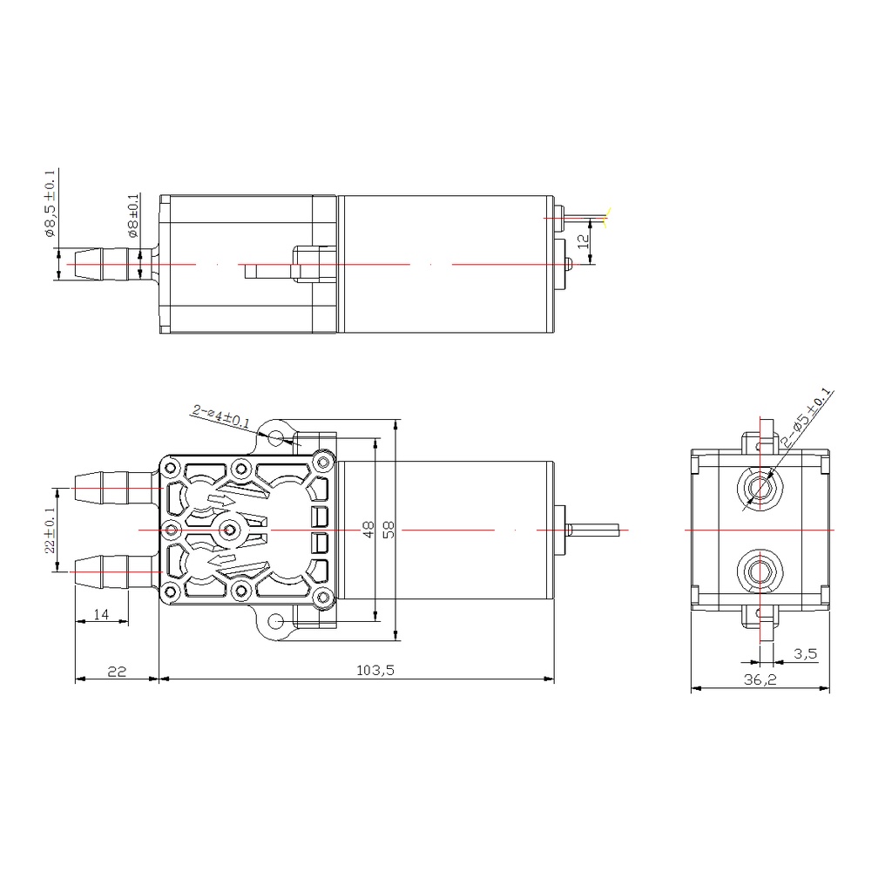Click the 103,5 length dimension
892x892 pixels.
pyautogui.click(x=375, y=670)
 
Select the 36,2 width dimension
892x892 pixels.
pyautogui.click(x=760, y=679)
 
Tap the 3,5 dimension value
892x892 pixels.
pyautogui.click(x=806, y=653)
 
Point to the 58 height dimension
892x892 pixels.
pyautogui.click(x=389, y=530)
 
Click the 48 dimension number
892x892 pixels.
pyautogui.click(x=368, y=530)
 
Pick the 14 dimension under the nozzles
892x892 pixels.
pyautogui.click(x=101, y=614)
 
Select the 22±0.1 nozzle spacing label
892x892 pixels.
pyautogui.click(x=50, y=530)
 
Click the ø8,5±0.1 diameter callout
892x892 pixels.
pyautogui.click(x=50, y=203)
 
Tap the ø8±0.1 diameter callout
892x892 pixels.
pyautogui.click(x=132, y=216)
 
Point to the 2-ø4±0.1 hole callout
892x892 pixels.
pyautogui.click(x=220, y=416)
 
